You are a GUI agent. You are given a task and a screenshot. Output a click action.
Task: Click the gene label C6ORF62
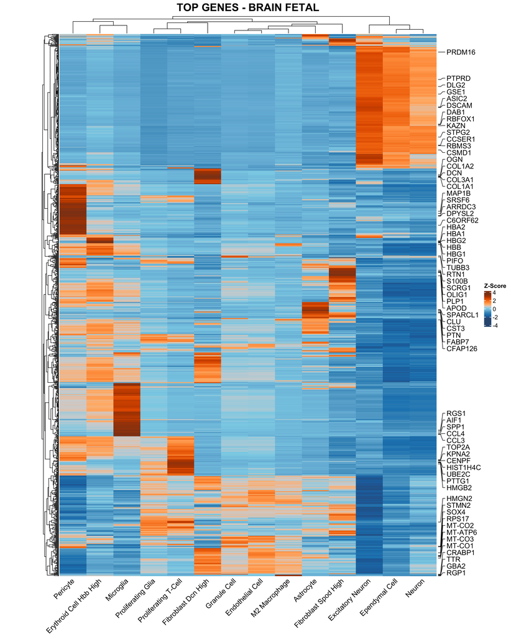point(463,220)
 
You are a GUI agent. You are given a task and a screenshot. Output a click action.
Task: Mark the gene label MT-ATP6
point(461,532)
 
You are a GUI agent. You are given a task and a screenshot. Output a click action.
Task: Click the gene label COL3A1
point(459,180)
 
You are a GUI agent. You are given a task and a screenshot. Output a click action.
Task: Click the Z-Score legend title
point(495,286)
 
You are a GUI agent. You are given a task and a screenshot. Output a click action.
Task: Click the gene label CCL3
point(456,441)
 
